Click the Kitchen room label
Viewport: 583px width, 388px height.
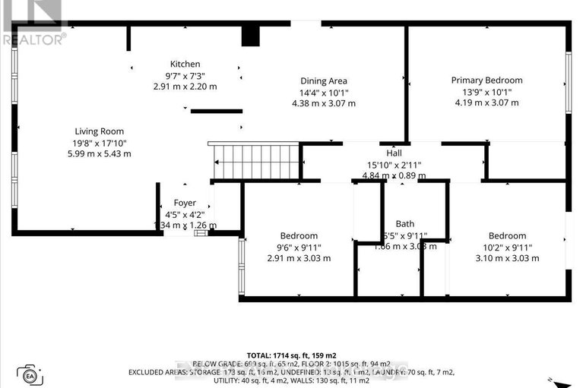pos(185,65)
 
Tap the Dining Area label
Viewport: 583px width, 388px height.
pos(323,81)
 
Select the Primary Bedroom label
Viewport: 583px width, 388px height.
pos(486,80)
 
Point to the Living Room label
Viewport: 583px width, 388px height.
pos(99,131)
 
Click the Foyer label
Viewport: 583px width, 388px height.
pos(185,203)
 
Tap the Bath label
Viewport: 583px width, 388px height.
pos(404,224)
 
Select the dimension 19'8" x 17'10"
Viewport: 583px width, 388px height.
pos(99,142)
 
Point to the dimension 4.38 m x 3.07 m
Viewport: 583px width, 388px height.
pos(323,103)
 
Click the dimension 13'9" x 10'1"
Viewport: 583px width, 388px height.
pos(486,91)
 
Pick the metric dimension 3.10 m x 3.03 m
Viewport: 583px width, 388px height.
pos(507,258)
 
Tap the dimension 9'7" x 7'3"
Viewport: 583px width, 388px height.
pos(185,75)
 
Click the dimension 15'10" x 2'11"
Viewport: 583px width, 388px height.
pos(393,164)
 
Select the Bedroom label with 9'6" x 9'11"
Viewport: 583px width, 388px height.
pos(299,236)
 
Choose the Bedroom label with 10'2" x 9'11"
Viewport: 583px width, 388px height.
pos(507,236)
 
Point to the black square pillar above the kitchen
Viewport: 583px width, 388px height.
pos(250,36)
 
